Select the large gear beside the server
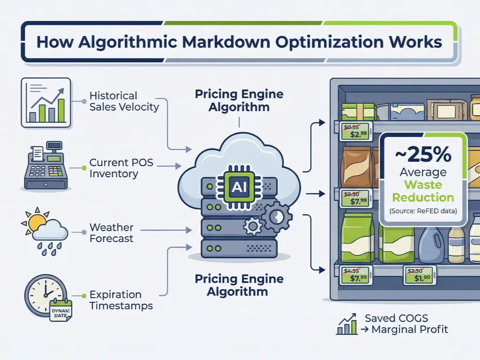point(277,216)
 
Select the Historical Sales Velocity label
point(124,101)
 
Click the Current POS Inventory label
point(121,168)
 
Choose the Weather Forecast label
point(112,233)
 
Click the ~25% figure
point(423,155)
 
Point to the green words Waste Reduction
point(423,191)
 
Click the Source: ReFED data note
point(423,211)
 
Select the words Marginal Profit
point(410,330)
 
